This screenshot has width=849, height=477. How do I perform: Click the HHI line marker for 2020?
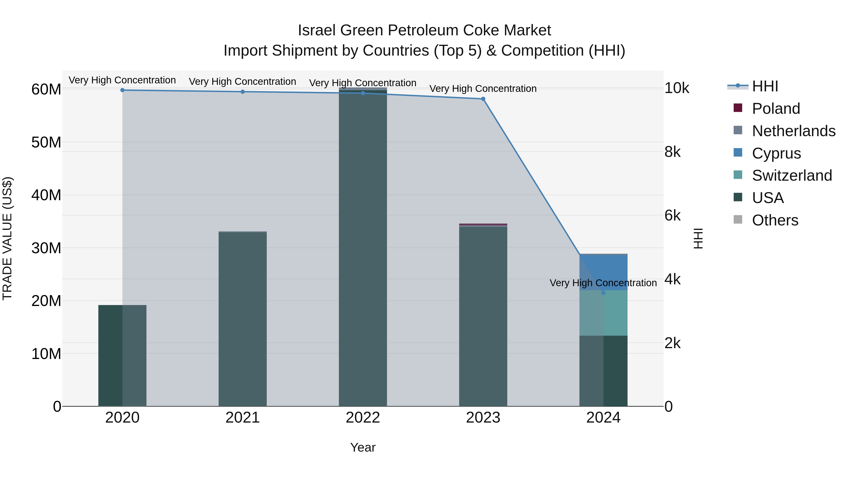(122, 90)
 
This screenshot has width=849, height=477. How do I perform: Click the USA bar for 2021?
(243, 319)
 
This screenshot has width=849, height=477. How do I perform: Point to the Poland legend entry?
(776, 109)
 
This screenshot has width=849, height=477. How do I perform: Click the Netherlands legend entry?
(793, 131)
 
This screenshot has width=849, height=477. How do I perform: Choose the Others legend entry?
(775, 220)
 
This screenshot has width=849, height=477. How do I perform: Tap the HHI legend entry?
(765, 86)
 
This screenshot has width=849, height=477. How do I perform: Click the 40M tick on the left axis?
(46, 195)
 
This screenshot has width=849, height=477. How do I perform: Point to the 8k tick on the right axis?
(672, 152)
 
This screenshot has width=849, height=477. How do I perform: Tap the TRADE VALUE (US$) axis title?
(7, 238)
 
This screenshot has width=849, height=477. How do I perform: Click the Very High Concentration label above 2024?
(603, 283)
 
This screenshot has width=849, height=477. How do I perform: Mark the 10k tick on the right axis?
(677, 88)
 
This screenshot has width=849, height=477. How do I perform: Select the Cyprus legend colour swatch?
(738, 153)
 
